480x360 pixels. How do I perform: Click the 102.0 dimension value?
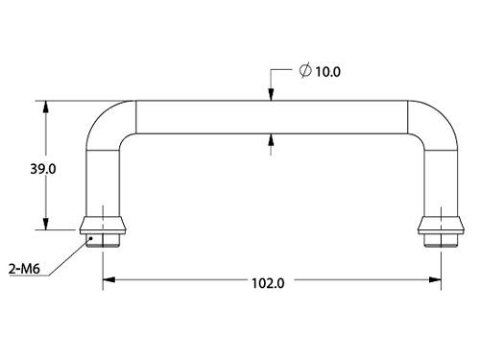(268, 283)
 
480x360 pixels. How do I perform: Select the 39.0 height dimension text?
(43, 169)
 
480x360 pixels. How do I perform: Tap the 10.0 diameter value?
(328, 72)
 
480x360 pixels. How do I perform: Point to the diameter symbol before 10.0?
(305, 70)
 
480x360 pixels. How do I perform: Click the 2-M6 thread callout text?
(24, 269)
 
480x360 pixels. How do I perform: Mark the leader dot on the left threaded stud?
(91, 238)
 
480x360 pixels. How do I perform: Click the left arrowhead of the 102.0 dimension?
(108, 280)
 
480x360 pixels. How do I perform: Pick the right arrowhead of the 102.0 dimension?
(435, 280)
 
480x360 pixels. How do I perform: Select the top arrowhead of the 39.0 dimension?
(46, 107)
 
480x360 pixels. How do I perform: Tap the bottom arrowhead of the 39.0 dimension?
(46, 224)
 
